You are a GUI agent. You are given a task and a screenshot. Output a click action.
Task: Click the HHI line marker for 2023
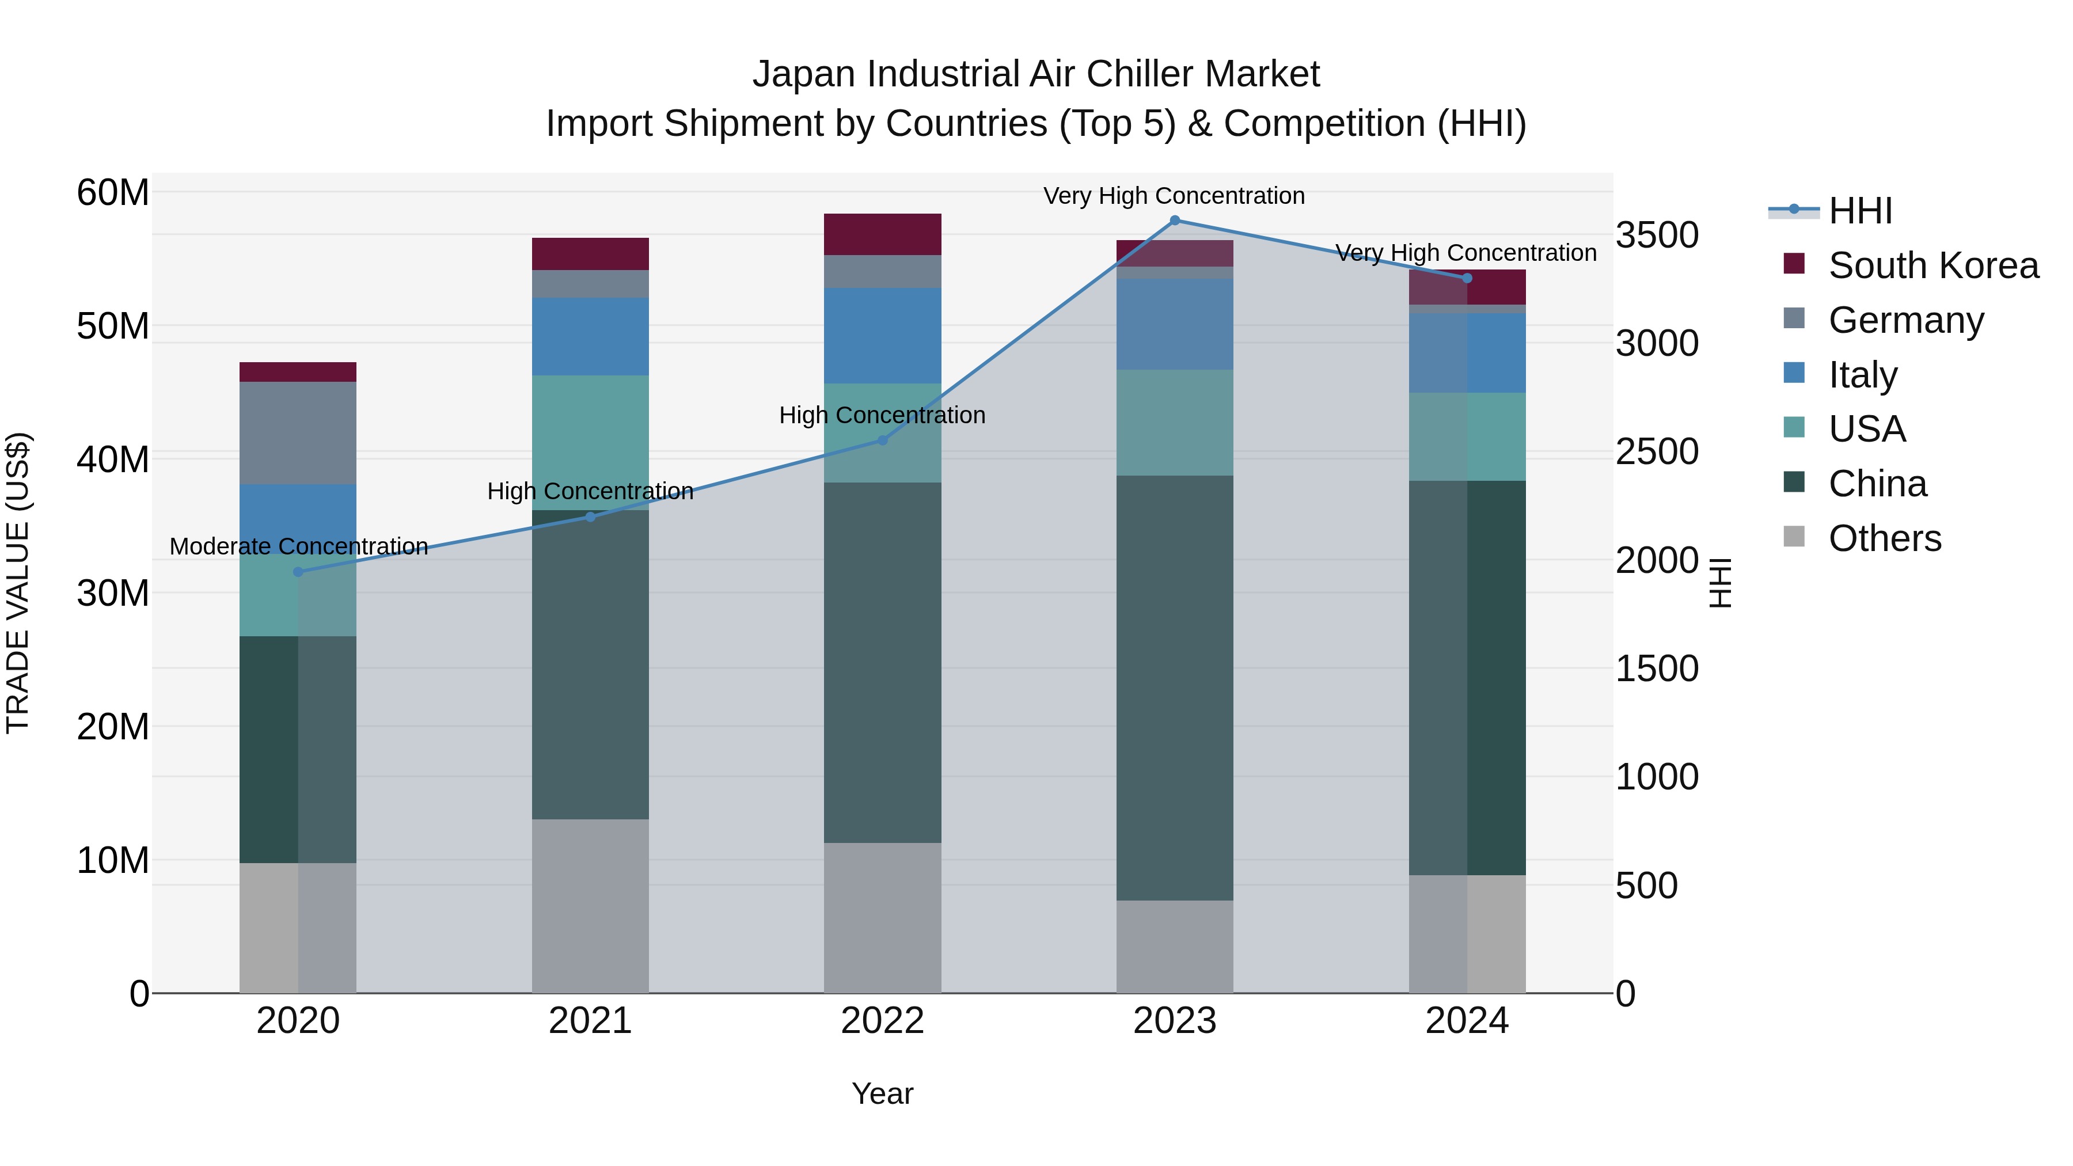pyautogui.click(x=1174, y=221)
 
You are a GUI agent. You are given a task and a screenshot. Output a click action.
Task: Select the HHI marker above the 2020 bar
pyautogui.click(x=298, y=572)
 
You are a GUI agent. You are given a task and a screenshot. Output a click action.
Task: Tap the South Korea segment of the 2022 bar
pyautogui.click(x=882, y=234)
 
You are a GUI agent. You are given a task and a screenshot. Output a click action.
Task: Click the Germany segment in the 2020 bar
pyautogui.click(x=298, y=433)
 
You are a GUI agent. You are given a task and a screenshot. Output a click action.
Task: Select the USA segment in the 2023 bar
pyautogui.click(x=1174, y=423)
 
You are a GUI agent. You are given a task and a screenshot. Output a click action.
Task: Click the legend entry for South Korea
pyautogui.click(x=1933, y=265)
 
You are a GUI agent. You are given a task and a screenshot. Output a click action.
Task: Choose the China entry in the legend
pyautogui.click(x=1877, y=484)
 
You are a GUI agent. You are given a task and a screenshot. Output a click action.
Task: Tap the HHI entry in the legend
pyautogui.click(x=1860, y=211)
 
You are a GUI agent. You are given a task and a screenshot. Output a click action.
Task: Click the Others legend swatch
pyautogui.click(x=1794, y=537)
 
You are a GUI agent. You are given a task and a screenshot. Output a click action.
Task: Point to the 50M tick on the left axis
pyautogui.click(x=113, y=326)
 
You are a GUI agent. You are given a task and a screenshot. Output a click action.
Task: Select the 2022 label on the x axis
pyautogui.click(x=882, y=1021)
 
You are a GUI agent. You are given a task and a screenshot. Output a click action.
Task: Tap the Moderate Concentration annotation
pyautogui.click(x=298, y=546)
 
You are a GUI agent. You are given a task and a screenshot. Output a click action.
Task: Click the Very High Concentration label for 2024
pyautogui.click(x=1465, y=253)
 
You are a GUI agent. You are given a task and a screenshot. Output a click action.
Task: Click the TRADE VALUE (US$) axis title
pyautogui.click(x=18, y=583)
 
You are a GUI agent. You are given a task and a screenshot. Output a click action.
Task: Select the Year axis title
pyautogui.click(x=882, y=1093)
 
